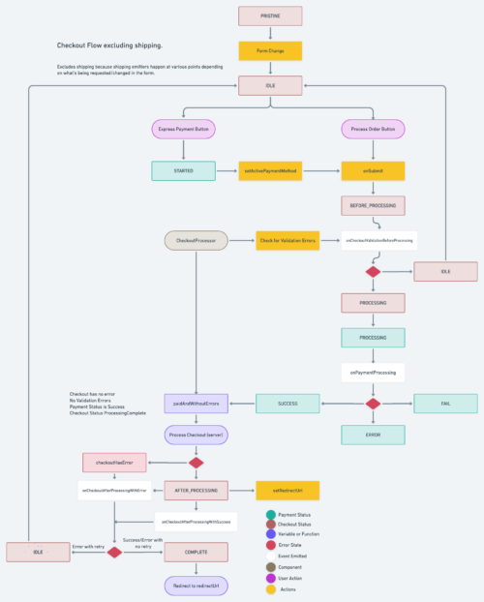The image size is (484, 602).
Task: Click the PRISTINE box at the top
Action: pyautogui.click(x=270, y=16)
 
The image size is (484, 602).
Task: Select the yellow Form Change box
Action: pyautogui.click(x=270, y=51)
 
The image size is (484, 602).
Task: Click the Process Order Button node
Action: pyautogui.click(x=373, y=129)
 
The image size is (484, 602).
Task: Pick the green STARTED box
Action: pyautogui.click(x=183, y=170)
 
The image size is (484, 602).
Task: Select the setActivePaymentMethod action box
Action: pyautogui.click(x=270, y=170)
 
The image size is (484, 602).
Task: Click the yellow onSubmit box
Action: pyautogui.click(x=373, y=170)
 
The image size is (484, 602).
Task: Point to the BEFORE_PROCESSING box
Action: pyautogui.click(x=373, y=205)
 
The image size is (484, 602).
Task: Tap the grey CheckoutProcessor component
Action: pyautogui.click(x=197, y=239)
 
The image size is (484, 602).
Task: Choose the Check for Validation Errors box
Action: pyautogui.click(x=288, y=239)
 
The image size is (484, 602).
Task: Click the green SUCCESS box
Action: pyautogui.click(x=287, y=403)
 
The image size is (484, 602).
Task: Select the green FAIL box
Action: pyautogui.click(x=445, y=403)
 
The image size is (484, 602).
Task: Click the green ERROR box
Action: pyautogui.click(x=373, y=436)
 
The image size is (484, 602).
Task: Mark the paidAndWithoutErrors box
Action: pyautogui.click(x=197, y=403)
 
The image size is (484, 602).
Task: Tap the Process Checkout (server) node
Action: pyautogui.click(x=197, y=436)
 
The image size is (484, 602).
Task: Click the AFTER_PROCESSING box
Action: pyautogui.click(x=197, y=491)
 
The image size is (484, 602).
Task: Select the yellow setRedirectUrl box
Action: pyautogui.click(x=287, y=491)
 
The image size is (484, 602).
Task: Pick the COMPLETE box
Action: pyautogui.click(x=197, y=553)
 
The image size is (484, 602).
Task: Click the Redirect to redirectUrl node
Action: pyautogui.click(x=197, y=585)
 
